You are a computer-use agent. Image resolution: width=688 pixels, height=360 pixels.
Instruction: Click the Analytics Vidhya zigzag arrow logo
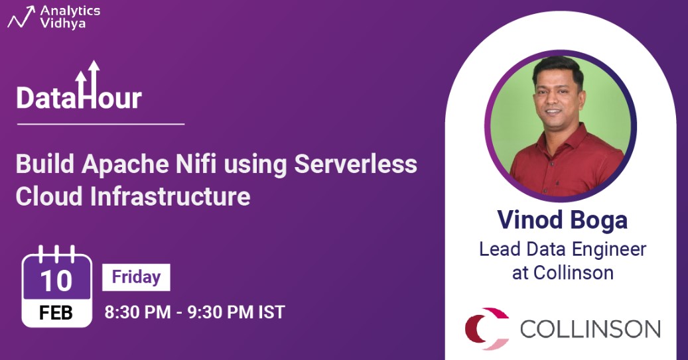(21, 17)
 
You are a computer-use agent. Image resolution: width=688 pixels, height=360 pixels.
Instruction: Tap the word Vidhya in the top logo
(63, 24)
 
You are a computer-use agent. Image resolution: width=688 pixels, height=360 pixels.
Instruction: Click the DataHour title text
(79, 97)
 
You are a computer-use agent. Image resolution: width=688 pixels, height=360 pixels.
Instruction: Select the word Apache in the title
(125, 164)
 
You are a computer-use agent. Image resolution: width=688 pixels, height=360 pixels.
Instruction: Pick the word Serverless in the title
(356, 164)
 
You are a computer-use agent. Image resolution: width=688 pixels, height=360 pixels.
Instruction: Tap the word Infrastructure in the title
(171, 196)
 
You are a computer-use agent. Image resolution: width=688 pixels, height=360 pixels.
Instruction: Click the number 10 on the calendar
(56, 280)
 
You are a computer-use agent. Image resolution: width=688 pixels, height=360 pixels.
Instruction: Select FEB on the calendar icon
(56, 313)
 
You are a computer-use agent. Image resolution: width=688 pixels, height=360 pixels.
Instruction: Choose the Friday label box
(136, 277)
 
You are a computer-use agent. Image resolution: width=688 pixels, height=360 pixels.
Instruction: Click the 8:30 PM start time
(138, 312)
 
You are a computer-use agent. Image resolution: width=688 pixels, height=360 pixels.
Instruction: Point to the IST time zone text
(271, 312)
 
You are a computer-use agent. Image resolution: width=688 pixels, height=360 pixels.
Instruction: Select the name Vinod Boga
(563, 219)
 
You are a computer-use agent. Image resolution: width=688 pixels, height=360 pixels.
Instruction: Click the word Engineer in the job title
(609, 249)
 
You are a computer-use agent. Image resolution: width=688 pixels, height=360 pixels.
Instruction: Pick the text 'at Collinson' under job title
(563, 272)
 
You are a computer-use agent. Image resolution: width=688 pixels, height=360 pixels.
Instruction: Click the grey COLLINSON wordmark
(590, 329)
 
